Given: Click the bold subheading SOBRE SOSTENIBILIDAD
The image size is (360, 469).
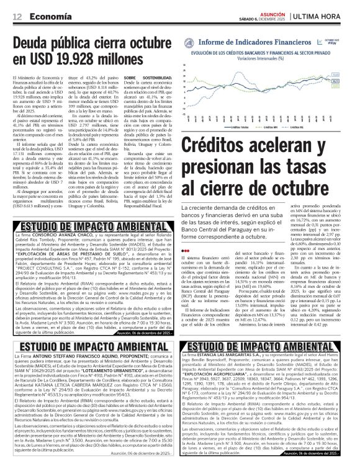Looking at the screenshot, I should point(145,78).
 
